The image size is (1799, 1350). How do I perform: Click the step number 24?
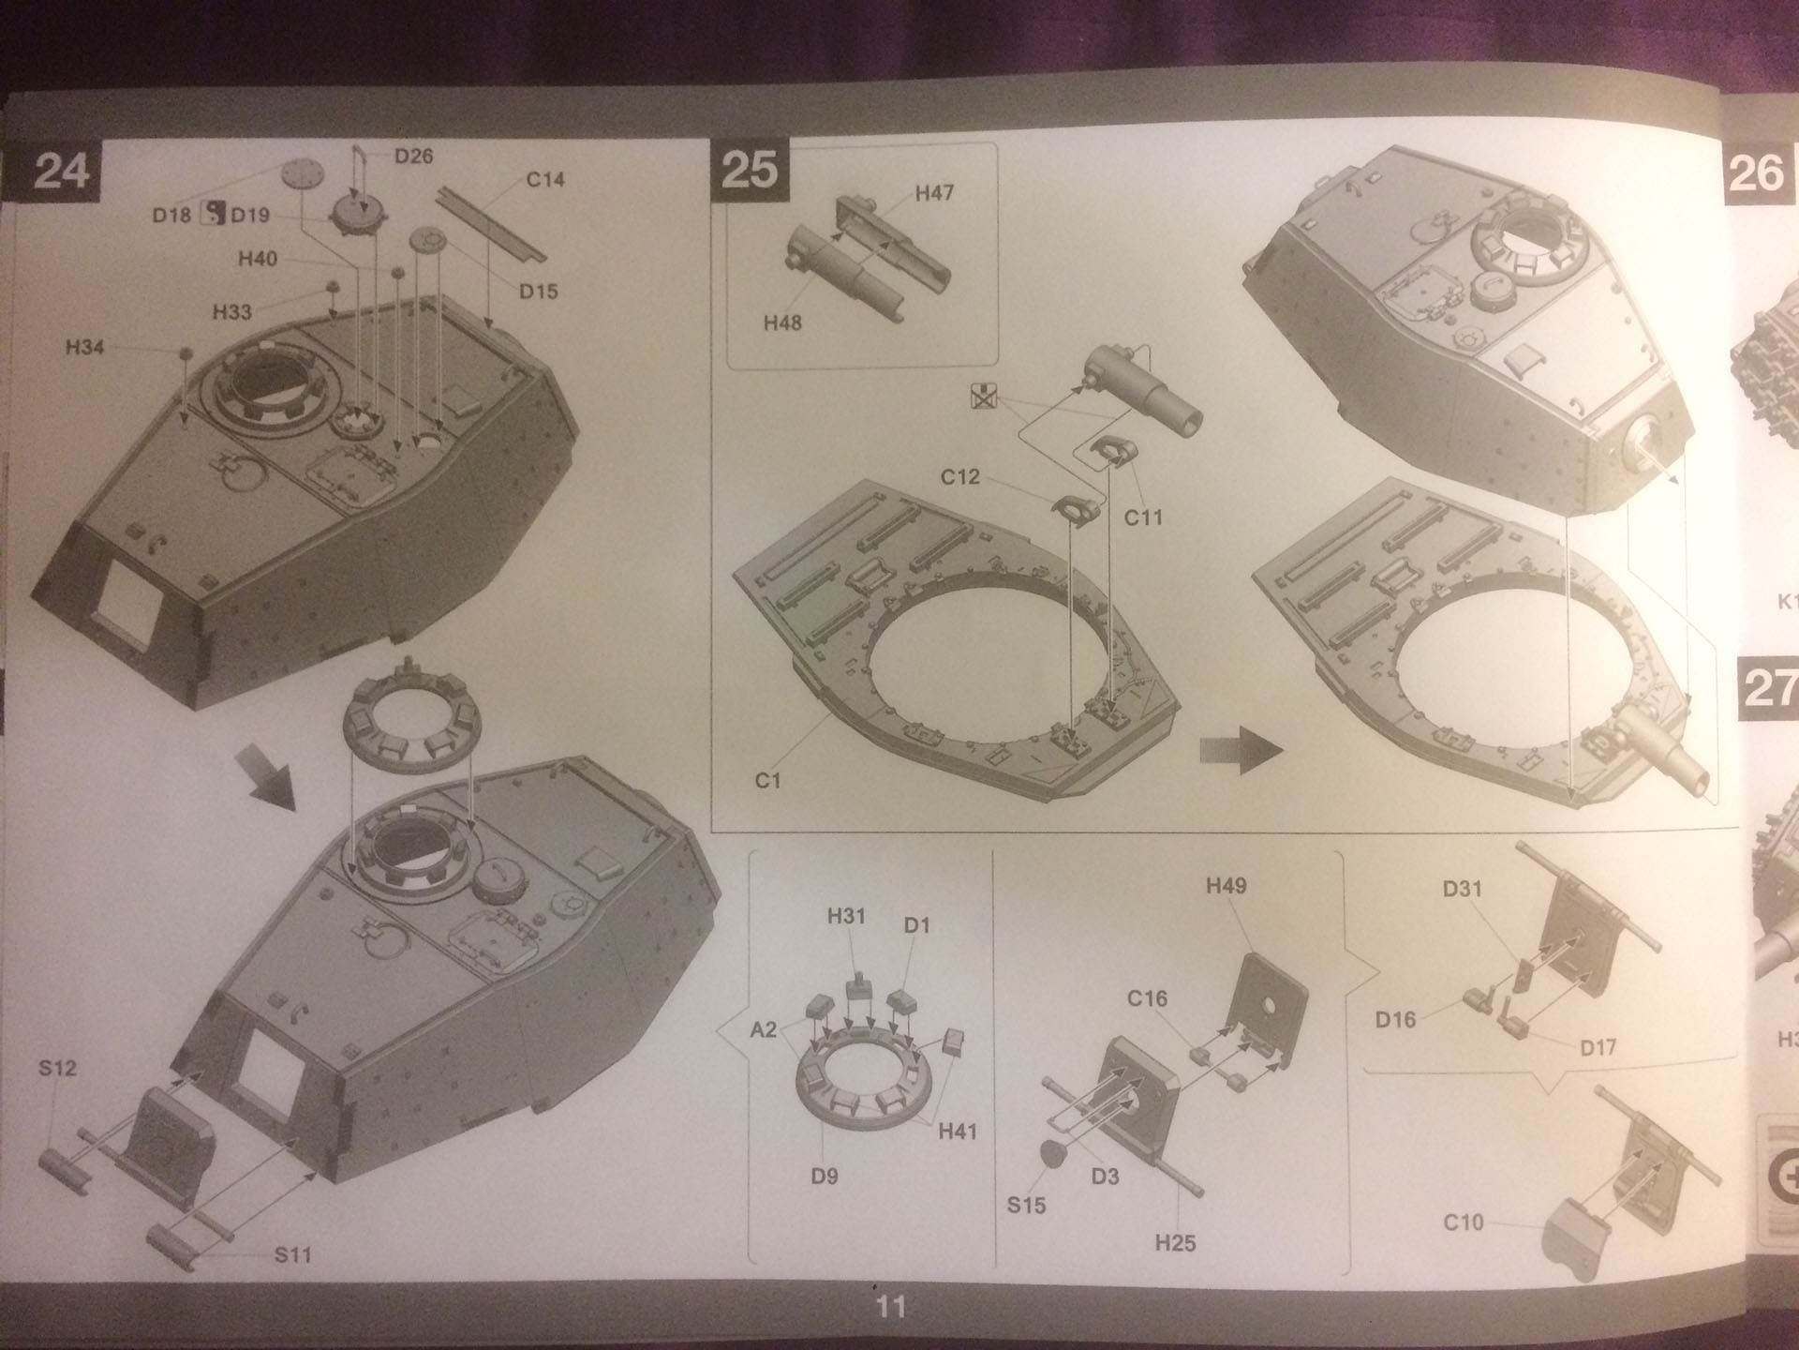point(61,172)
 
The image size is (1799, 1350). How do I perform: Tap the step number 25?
point(750,171)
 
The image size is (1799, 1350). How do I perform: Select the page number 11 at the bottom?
point(890,1306)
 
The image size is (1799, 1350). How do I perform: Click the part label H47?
point(934,193)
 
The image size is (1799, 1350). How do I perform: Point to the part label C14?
point(545,179)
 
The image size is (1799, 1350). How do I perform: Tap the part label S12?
point(57,1068)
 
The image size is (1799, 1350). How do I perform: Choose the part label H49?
point(1226,886)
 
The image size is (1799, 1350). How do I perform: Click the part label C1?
point(767,780)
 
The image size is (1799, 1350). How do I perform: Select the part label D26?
point(413,156)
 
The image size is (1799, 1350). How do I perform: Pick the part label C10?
point(1464,1222)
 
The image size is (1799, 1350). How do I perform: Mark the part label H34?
point(84,348)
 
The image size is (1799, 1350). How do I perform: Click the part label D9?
point(825,1176)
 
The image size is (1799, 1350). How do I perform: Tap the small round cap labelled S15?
point(1054,1155)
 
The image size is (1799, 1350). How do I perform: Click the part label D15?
point(538,292)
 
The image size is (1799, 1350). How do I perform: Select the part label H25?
point(1175,1243)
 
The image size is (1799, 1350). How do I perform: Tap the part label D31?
point(1462,888)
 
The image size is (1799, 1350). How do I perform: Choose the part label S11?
point(292,1254)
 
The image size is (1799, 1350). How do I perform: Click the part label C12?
point(959,477)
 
